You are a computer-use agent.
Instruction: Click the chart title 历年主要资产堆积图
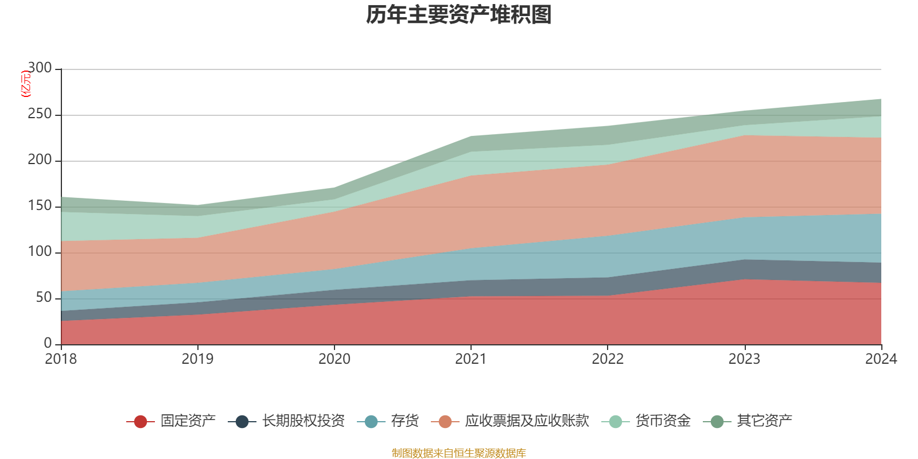click(x=459, y=15)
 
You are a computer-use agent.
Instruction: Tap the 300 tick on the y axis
click(x=40, y=68)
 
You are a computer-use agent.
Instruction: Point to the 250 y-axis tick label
click(x=40, y=114)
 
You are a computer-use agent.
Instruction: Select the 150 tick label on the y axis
click(x=40, y=206)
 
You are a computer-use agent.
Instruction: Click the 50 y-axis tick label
click(x=44, y=298)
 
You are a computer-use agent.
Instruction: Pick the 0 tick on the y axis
click(x=48, y=344)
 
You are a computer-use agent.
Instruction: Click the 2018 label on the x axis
click(x=61, y=359)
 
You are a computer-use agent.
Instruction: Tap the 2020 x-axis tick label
click(x=334, y=359)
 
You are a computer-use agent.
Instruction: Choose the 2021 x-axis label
click(x=471, y=359)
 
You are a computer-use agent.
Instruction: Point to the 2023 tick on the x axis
click(x=744, y=359)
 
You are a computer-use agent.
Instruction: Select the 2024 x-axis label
click(x=881, y=359)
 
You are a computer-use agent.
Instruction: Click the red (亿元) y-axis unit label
click(x=25, y=84)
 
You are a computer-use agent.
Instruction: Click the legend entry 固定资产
click(x=188, y=421)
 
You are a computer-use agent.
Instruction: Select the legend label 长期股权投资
click(x=303, y=421)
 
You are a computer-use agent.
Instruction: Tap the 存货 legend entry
click(x=404, y=421)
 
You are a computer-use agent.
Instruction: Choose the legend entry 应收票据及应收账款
click(x=527, y=421)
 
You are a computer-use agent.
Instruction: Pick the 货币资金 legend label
click(x=663, y=421)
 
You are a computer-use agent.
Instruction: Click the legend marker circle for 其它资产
click(x=717, y=422)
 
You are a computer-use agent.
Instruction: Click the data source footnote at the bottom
click(x=459, y=453)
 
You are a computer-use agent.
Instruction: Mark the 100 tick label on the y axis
click(x=40, y=252)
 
